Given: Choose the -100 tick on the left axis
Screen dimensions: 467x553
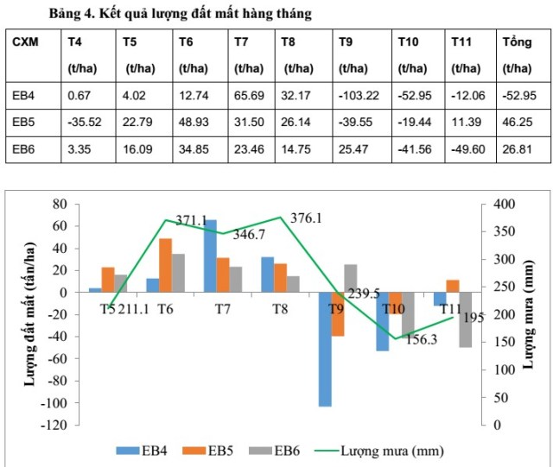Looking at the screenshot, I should tap(54, 403).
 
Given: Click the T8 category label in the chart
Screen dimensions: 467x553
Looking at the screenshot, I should tap(279, 308).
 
